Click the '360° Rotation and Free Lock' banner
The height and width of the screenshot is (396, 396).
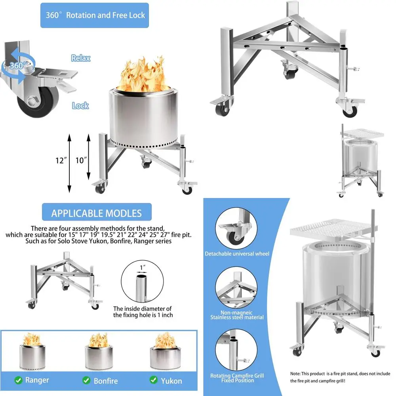point(94,15)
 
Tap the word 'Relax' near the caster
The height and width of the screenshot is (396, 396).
point(80,58)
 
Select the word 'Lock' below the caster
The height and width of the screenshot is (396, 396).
point(80,105)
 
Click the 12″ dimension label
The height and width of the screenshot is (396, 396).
point(61,161)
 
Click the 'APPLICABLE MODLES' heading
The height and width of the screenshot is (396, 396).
point(96,213)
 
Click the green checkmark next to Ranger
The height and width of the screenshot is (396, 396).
point(18,380)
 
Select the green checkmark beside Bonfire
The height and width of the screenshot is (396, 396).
point(87,380)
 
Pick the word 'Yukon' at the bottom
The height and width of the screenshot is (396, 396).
point(171,381)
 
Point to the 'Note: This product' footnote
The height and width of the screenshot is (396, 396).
point(340,377)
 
